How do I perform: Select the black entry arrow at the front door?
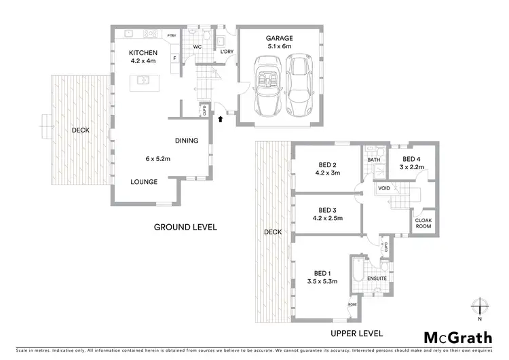tap(220, 120)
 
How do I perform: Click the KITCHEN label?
tap(144, 52)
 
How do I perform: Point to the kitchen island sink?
tap(144, 80)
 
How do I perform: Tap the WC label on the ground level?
tap(198, 48)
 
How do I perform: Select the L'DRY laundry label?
tap(226, 52)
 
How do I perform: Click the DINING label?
tap(187, 141)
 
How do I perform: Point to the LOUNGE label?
tap(145, 182)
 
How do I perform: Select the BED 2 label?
tap(328, 164)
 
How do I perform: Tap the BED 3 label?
tap(328, 210)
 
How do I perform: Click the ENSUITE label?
tap(376, 278)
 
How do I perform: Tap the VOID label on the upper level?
tap(384, 189)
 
